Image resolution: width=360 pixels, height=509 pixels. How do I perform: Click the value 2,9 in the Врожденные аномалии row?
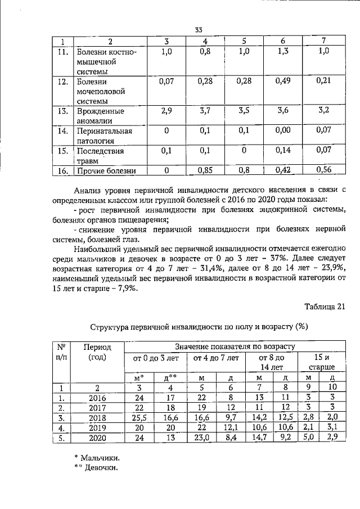tap(165, 110)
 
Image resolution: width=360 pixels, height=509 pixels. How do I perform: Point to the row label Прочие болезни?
tap(106, 171)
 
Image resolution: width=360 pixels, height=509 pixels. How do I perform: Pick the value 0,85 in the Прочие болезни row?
tap(205, 170)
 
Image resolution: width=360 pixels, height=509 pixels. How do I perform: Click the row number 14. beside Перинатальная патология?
tap(65, 131)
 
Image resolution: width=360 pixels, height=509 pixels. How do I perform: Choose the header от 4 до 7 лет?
tap(216, 357)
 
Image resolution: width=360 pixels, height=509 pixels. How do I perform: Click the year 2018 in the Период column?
tap(98, 418)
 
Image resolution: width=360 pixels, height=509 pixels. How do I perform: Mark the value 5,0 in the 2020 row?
tap(308, 438)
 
